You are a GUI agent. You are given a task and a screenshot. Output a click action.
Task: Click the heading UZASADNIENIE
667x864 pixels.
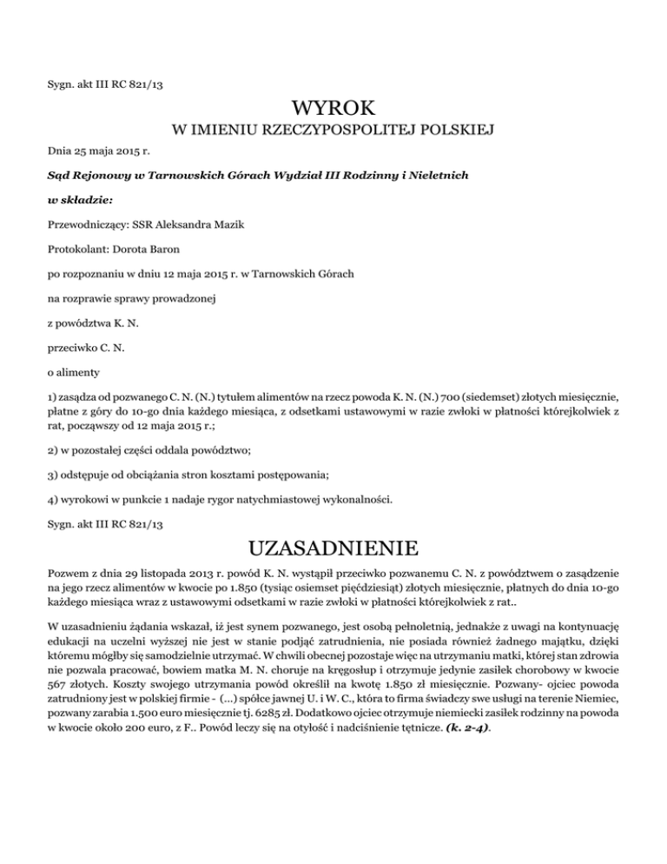pyautogui.click(x=333, y=548)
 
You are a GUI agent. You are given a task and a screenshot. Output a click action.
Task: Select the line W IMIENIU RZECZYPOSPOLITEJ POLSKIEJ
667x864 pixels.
pyautogui.click(x=333, y=130)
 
